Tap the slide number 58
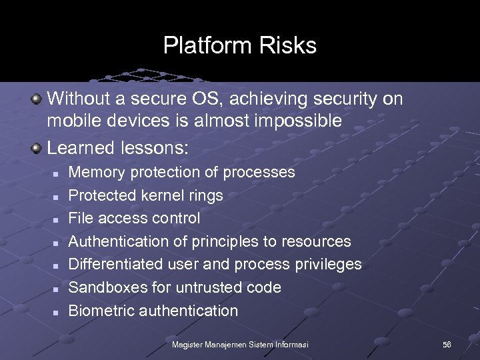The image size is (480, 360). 447,344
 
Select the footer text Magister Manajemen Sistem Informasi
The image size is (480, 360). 240,344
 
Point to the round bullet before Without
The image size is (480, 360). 38,99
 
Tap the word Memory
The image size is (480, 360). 97,172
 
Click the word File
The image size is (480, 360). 82,218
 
